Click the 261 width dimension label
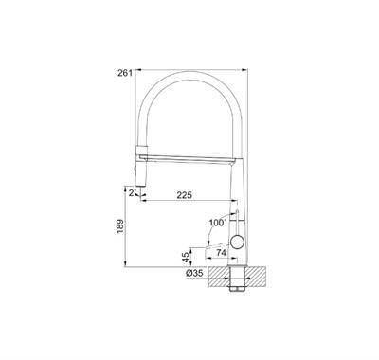coord(124,73)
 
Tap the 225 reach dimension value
coord(184,195)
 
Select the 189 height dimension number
coord(120,226)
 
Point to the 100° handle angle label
coord(218,223)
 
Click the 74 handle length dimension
coord(222,252)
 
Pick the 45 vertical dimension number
coord(186,257)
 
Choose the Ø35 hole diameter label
coord(194,273)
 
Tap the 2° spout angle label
coord(133,192)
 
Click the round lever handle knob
coord(237,243)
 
